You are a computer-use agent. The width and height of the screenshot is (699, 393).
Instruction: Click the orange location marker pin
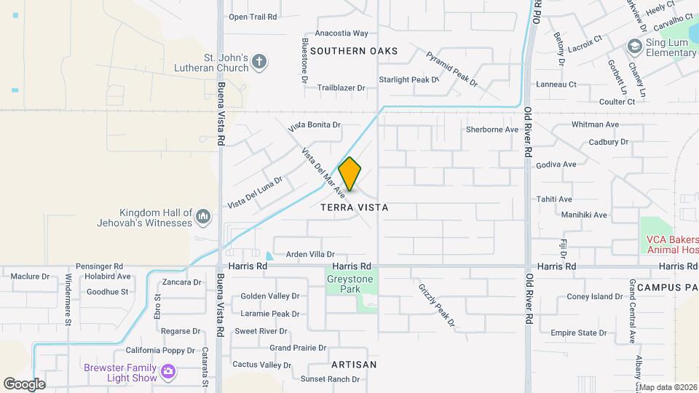click(349, 174)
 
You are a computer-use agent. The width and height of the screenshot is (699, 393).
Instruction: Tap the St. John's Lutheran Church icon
click(260, 63)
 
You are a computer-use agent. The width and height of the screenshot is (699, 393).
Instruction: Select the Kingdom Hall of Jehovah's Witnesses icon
click(203, 216)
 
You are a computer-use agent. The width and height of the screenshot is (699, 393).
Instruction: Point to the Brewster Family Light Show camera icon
click(169, 373)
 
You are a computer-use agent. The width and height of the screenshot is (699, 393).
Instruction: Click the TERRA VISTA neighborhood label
click(355, 207)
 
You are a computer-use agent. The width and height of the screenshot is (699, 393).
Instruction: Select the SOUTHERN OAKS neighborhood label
click(354, 51)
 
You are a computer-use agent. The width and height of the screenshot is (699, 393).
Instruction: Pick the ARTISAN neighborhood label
click(354, 364)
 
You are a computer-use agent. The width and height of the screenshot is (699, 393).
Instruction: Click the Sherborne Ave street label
click(492, 130)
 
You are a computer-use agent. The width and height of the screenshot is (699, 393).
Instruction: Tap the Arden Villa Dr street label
click(310, 254)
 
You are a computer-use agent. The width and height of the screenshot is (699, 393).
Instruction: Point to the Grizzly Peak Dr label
click(436, 304)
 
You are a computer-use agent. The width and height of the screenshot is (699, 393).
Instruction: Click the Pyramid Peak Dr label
click(452, 70)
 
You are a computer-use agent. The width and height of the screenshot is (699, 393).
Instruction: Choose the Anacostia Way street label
click(341, 33)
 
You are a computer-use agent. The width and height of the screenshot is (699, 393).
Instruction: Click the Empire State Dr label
click(579, 333)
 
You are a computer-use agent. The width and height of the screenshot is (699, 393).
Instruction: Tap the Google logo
click(24, 384)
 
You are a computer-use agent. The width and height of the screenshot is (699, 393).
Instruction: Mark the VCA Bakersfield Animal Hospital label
click(672, 245)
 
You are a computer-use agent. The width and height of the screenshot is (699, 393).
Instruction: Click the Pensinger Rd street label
click(98, 267)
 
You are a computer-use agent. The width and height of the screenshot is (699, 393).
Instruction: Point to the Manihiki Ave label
click(584, 215)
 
